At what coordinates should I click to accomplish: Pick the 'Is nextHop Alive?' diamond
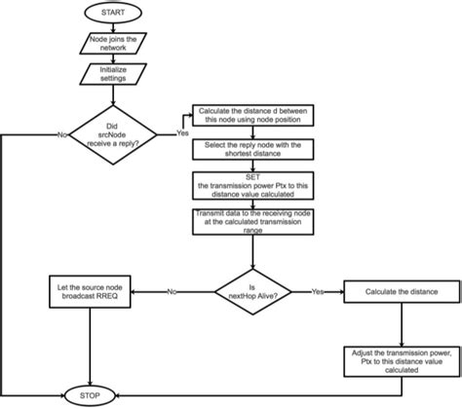(253, 290)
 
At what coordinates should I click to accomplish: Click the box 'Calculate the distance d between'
(253, 115)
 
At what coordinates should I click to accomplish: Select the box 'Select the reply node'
(253, 149)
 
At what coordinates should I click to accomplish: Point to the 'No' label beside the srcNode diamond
(61, 134)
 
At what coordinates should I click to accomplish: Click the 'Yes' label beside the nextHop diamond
(319, 290)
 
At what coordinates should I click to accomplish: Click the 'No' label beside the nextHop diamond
(171, 290)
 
